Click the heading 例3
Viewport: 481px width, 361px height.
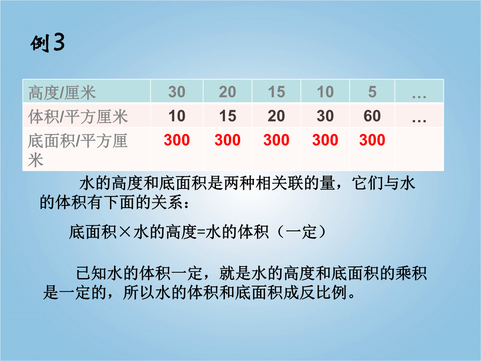[x=48, y=42]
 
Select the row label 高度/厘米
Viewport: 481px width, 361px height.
[x=62, y=92]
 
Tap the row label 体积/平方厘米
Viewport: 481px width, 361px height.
[x=78, y=117]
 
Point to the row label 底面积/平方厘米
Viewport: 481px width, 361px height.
[x=77, y=150]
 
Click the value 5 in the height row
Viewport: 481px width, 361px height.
[x=372, y=92]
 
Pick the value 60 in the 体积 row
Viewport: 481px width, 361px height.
[x=372, y=116]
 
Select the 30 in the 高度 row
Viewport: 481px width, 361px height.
[x=177, y=92]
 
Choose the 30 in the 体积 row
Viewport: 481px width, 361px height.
[x=325, y=116]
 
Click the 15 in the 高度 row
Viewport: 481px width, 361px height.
[x=277, y=92]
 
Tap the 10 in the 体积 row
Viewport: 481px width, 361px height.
[x=177, y=116]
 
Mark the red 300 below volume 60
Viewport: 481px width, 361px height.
[x=372, y=140]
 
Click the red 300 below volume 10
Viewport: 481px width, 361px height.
[x=177, y=140]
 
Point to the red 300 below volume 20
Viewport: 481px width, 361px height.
[x=277, y=140]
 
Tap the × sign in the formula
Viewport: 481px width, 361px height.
[x=125, y=232]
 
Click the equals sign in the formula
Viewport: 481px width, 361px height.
[x=200, y=232]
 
